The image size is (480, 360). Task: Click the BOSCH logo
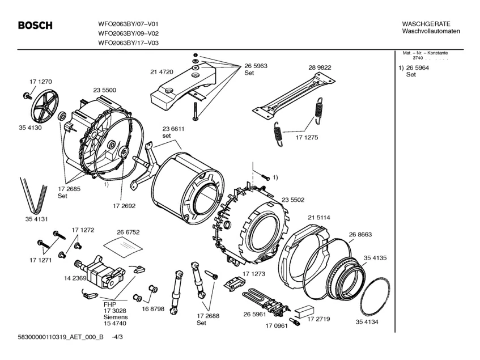(35, 26)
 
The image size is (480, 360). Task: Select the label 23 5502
(293, 200)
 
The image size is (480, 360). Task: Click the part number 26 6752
(128, 232)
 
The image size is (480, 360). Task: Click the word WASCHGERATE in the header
(426, 24)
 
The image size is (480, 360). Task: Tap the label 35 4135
(375, 258)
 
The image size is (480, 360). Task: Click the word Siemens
(116, 317)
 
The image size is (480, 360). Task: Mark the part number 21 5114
(319, 218)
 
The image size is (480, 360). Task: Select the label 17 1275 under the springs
(307, 137)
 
